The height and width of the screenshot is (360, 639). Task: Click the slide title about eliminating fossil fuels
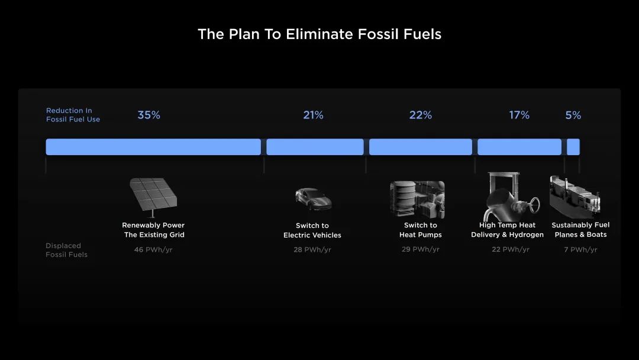click(x=319, y=34)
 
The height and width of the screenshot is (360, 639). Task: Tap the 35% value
click(x=149, y=115)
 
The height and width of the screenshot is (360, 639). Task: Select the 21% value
click(x=313, y=115)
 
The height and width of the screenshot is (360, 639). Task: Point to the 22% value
click(x=421, y=115)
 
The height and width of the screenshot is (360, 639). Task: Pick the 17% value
click(x=519, y=115)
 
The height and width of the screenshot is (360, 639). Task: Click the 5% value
click(x=573, y=115)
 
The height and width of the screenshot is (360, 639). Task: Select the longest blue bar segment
click(x=153, y=147)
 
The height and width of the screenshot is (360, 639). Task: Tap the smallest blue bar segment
click(x=573, y=147)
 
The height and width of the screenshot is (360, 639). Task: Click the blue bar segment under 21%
click(x=315, y=147)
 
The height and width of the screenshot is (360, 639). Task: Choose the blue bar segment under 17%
click(x=519, y=147)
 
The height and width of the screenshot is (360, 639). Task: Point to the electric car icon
click(x=313, y=198)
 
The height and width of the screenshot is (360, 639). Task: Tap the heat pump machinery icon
click(x=417, y=200)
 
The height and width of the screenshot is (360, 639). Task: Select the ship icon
click(x=575, y=197)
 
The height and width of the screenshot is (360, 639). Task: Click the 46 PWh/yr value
click(x=153, y=249)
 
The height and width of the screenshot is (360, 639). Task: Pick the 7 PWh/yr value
click(x=580, y=249)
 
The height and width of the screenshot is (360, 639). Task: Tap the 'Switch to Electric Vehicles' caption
click(x=312, y=230)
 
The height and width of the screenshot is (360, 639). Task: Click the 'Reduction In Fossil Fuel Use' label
click(x=73, y=115)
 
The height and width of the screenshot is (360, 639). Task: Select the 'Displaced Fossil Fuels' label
click(x=66, y=250)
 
